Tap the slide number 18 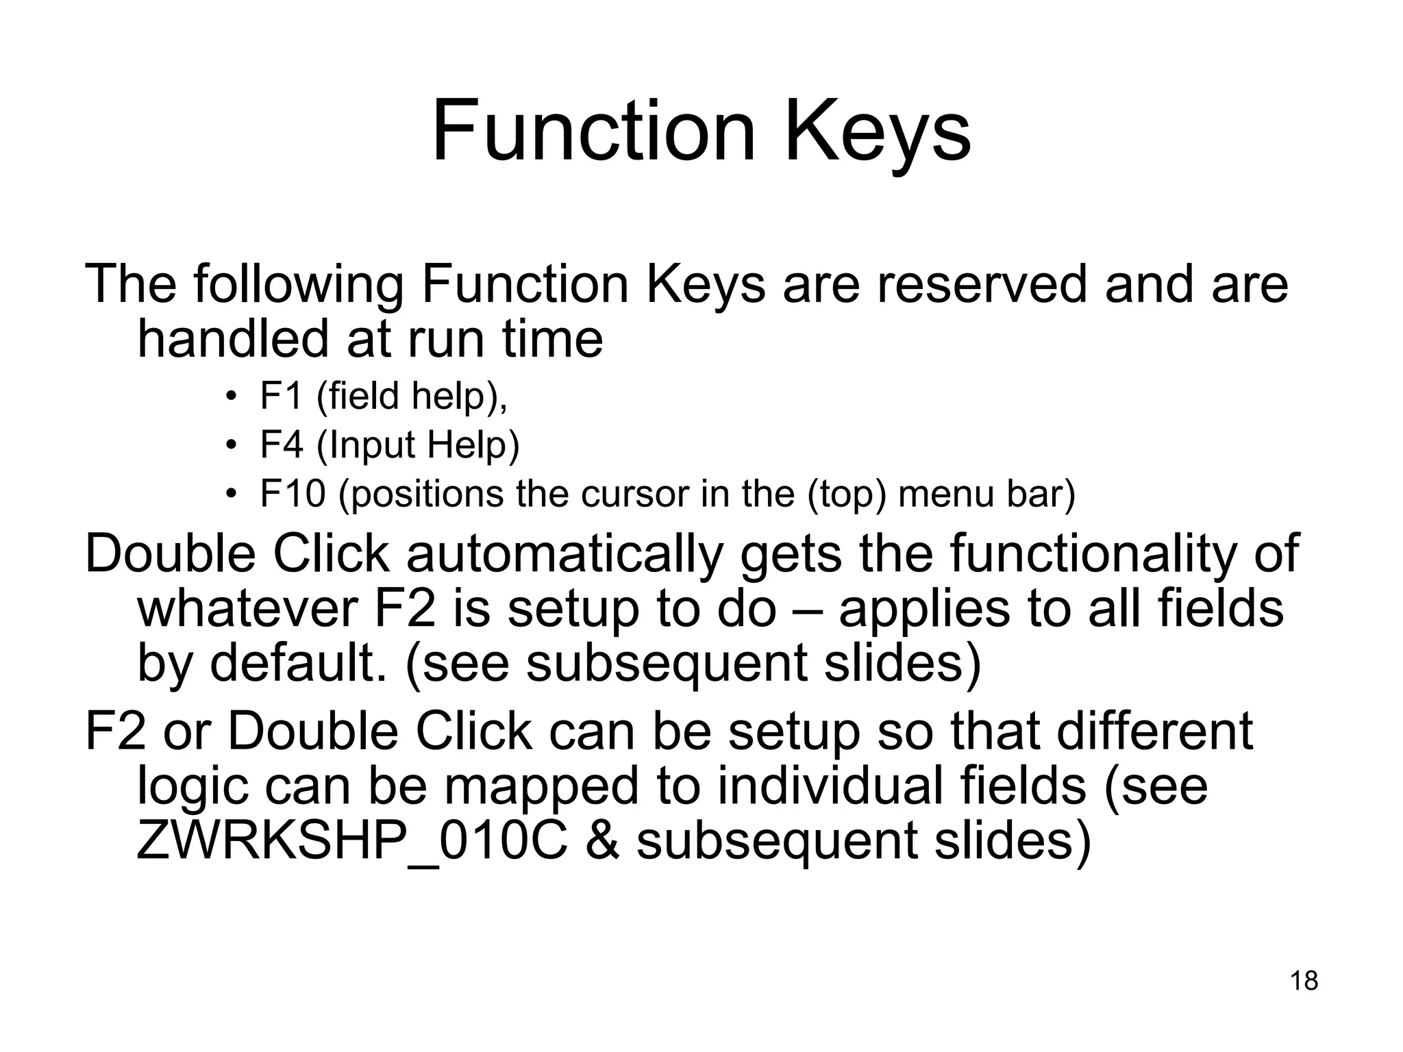pos(1304,981)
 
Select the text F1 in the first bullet pos(281,396)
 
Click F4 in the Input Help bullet pos(281,444)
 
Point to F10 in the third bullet pos(292,493)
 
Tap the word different pos(1155,731)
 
